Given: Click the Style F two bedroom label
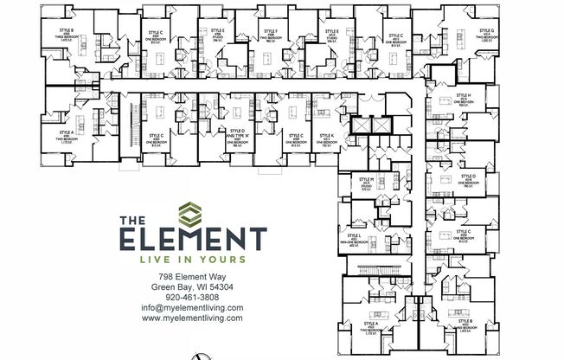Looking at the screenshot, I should pos(271,38).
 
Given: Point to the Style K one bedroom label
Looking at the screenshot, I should pos(326,140).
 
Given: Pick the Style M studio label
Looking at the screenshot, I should pos(368,184).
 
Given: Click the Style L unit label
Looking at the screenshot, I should pos(354,240).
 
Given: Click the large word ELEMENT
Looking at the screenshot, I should pos(192,238).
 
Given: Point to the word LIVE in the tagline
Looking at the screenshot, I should pos(161,259).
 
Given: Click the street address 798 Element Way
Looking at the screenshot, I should pos(192,277).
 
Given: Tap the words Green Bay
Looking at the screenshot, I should pos(170,287).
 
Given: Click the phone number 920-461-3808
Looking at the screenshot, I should pos(192,298).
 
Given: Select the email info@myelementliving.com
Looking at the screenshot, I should pos(192,308).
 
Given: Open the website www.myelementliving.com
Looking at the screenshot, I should pos(192,318).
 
